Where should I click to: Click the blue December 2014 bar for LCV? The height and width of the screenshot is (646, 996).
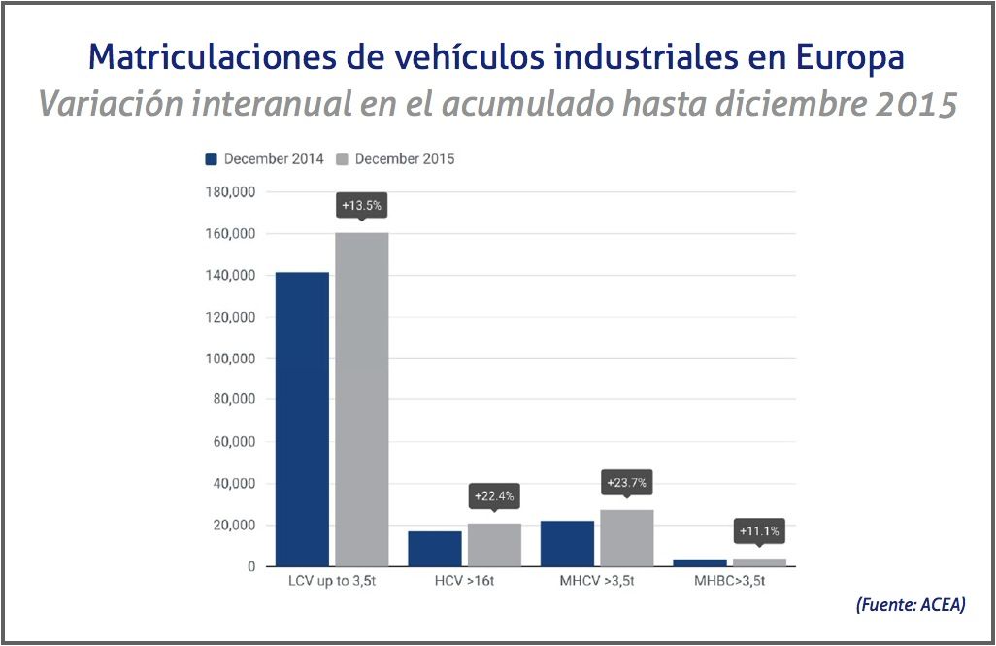pyautogui.click(x=302, y=419)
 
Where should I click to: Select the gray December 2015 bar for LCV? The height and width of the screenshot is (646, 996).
pyautogui.click(x=362, y=399)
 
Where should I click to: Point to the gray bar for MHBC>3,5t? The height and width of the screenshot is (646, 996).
pyautogui.click(x=759, y=561)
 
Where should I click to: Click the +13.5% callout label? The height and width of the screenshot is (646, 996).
pyautogui.click(x=360, y=206)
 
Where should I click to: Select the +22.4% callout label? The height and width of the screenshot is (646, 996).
pyautogui.click(x=494, y=495)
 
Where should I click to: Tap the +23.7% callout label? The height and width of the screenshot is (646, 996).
pyautogui.click(x=626, y=482)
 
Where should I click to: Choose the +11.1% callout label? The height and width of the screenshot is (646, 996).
pyautogui.click(x=759, y=531)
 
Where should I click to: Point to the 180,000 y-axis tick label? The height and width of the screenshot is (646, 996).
pyautogui.click(x=229, y=192)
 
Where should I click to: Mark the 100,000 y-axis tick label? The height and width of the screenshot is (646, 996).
pyautogui.click(x=229, y=358)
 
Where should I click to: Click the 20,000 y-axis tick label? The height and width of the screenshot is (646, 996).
pyautogui.click(x=233, y=526)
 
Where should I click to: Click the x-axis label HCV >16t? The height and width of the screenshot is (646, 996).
pyautogui.click(x=465, y=583)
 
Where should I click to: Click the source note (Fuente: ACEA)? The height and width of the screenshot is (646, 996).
pyautogui.click(x=911, y=604)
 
